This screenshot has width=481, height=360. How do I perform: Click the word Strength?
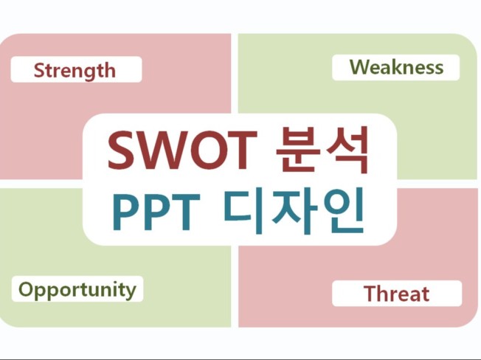tap(75, 70)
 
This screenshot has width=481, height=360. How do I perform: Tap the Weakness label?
tap(396, 67)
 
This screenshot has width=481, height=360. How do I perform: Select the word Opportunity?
tap(77, 289)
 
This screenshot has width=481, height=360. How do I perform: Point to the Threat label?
tap(396, 294)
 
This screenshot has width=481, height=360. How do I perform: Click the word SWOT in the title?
tap(182, 150)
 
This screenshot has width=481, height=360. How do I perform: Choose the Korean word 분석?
tap(322, 150)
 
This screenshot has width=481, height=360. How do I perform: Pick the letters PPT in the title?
tap(156, 212)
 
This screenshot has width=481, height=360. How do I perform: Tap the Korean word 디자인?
tap(294, 211)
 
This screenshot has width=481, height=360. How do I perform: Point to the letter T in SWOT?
tap(241, 150)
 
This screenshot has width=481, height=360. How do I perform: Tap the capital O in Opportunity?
tap(26, 288)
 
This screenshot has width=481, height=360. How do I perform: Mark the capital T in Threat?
tap(370, 294)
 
